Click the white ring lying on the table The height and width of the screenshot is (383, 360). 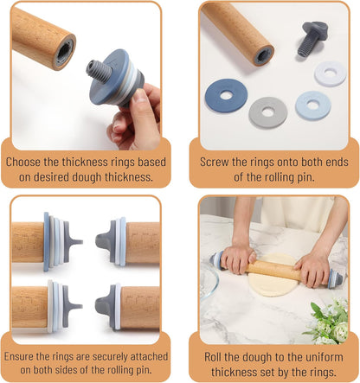point(329,73)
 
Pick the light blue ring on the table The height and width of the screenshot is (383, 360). point(312,105)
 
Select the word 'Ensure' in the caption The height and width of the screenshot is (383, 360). point(26,354)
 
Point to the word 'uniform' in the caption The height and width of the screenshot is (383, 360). point(325,354)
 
